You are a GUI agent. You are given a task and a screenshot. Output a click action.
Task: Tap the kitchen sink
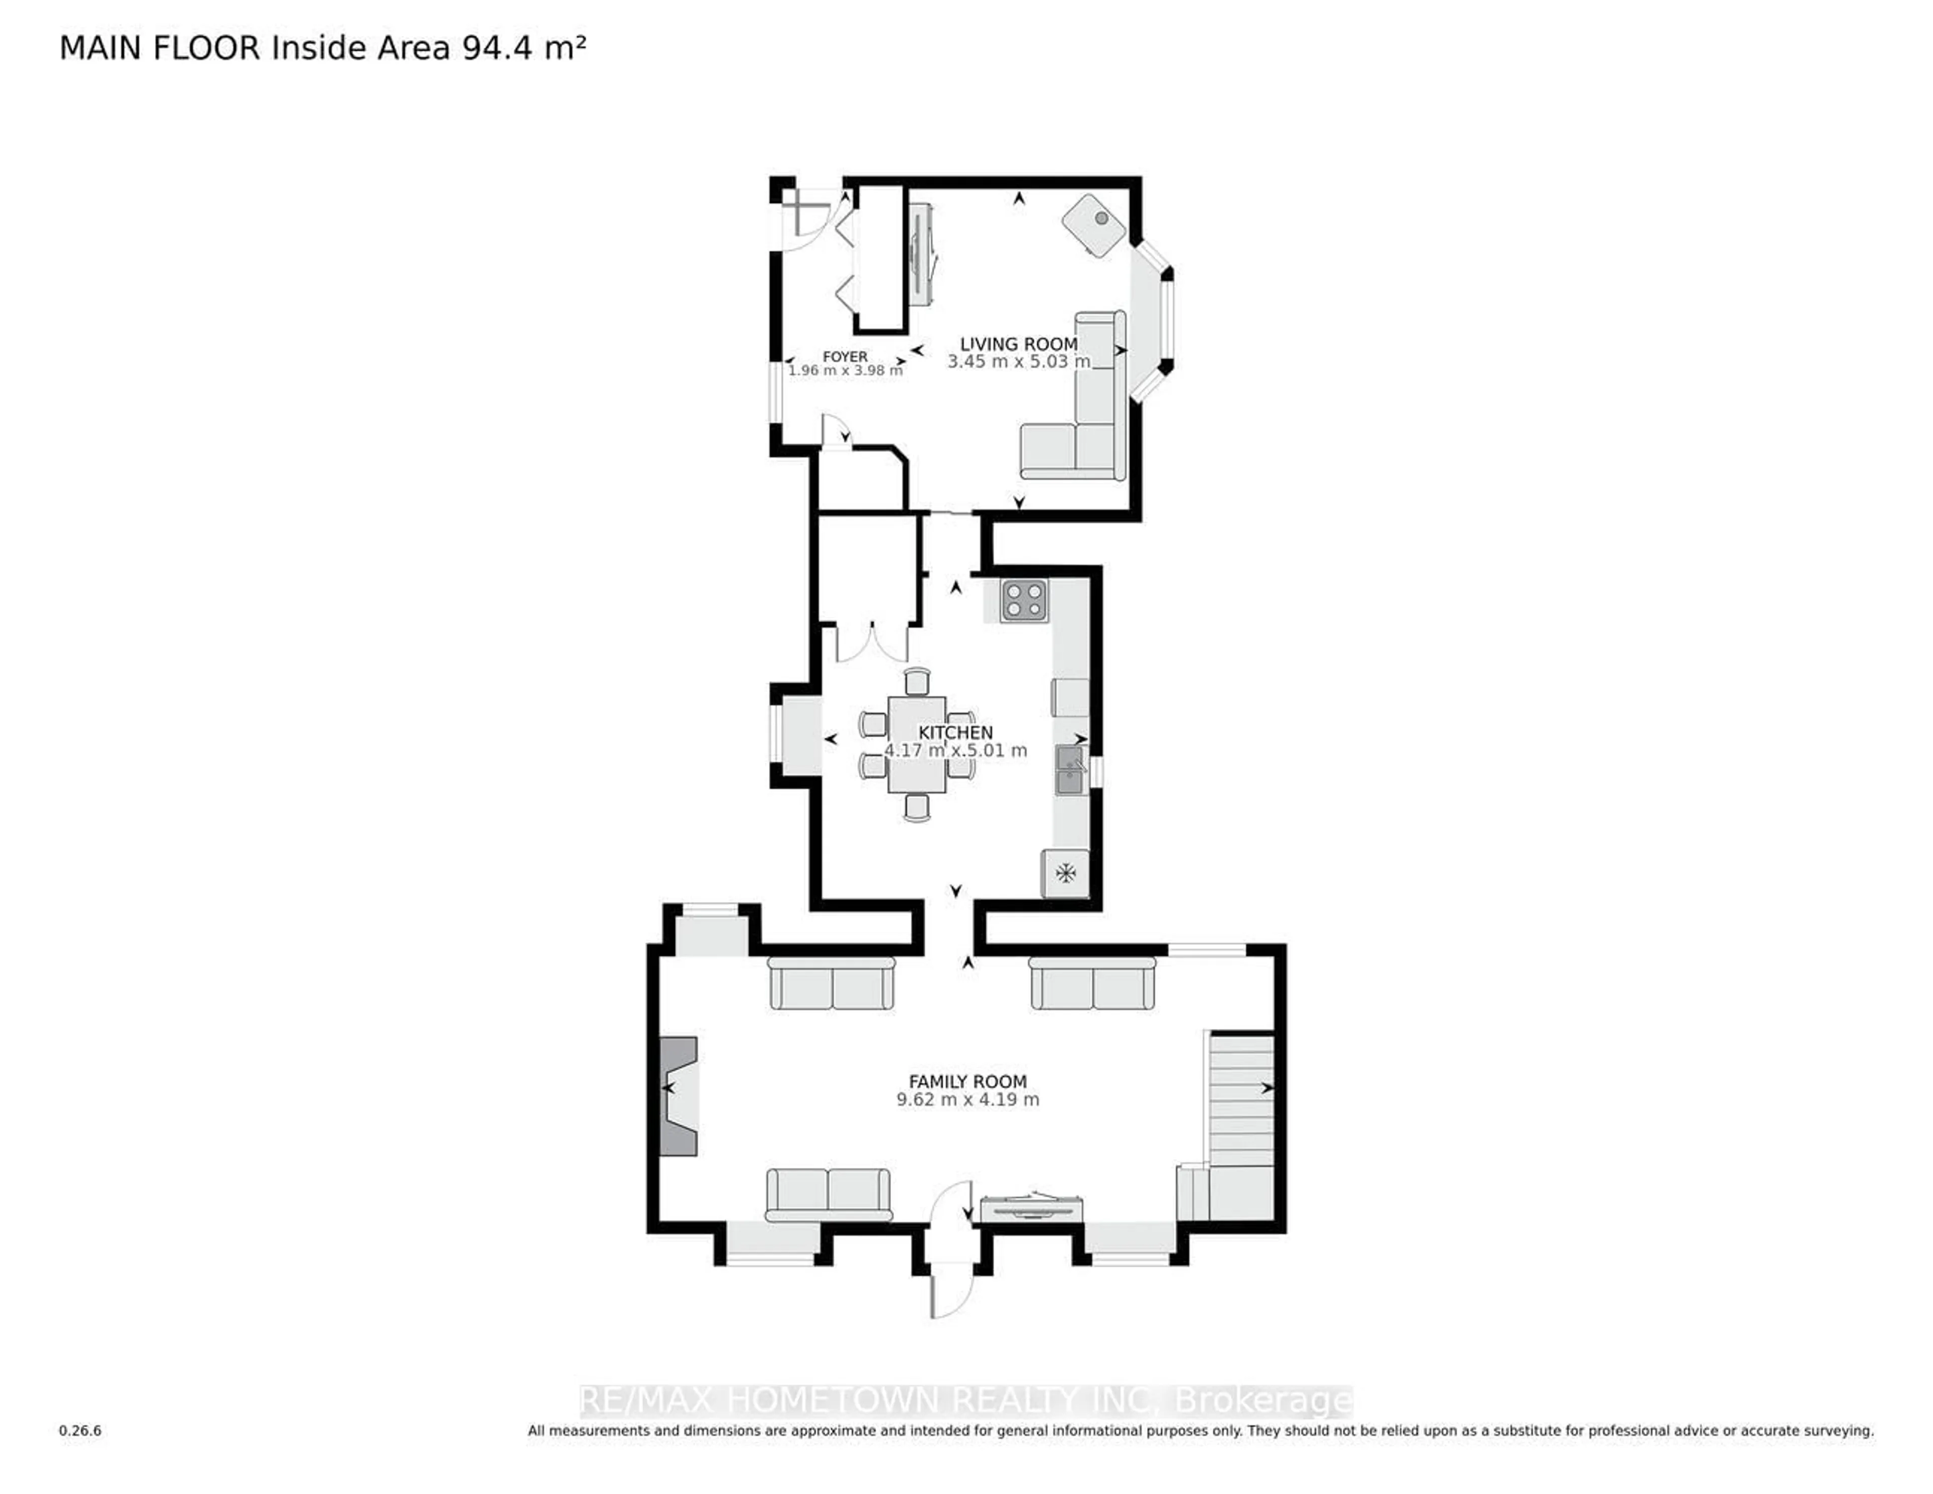coord(1069,770)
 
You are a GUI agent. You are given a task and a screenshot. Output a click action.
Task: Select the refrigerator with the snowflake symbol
coord(1065,873)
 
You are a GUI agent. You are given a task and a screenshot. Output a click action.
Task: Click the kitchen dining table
coord(917,743)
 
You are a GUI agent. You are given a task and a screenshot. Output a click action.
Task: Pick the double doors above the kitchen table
coord(872,643)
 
